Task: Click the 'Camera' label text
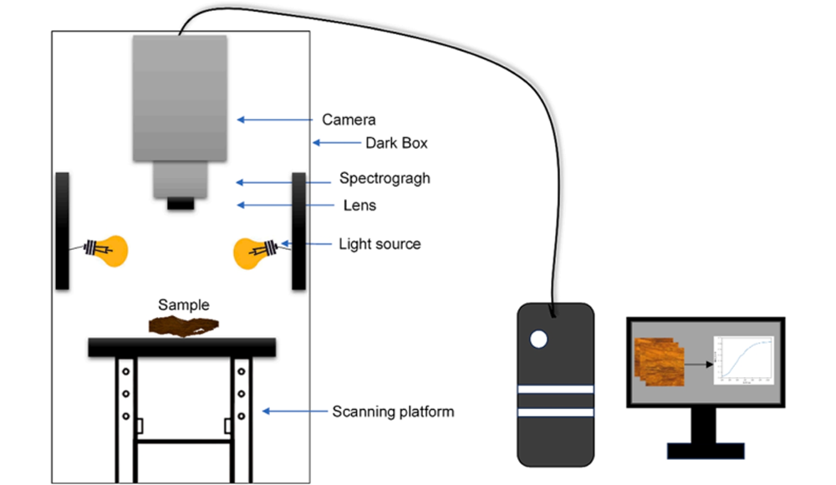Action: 349,120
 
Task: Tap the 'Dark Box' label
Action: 396,143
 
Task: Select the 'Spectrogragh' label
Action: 385,179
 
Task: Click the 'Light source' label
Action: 380,244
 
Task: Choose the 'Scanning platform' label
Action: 393,411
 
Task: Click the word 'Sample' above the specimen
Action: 184,305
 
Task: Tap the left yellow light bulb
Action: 114,250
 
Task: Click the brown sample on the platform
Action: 185,327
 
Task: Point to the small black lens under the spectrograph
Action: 180,203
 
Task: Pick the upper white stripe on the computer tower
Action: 555,390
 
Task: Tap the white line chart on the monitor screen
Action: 742,360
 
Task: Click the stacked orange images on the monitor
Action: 660,362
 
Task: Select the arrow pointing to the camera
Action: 276,120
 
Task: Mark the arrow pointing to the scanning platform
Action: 293,411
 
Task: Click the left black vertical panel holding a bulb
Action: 62,231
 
